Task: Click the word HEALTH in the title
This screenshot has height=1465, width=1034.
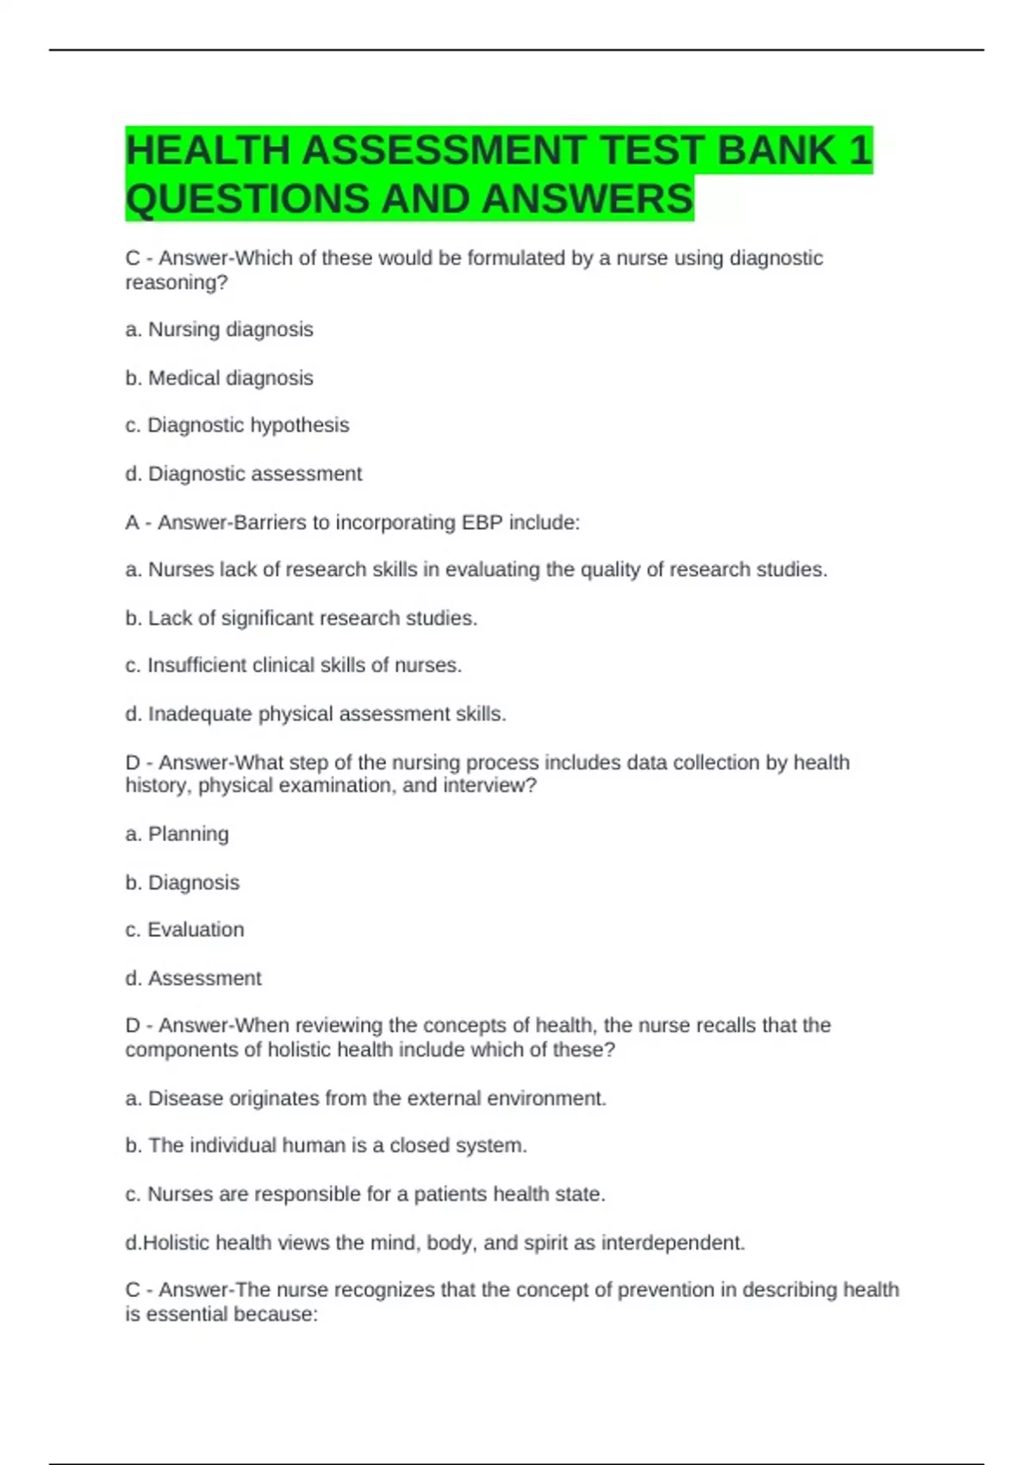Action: click(x=207, y=151)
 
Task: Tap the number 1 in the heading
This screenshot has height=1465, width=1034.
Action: click(x=860, y=151)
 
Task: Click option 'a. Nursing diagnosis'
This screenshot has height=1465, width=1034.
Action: click(x=219, y=329)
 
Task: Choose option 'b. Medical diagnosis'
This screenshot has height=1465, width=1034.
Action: click(x=219, y=377)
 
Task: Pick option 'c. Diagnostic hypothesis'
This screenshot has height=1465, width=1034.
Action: click(x=237, y=425)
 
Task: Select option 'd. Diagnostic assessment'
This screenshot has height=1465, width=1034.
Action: click(x=243, y=473)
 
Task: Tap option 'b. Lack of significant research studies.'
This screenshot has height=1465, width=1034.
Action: click(x=301, y=618)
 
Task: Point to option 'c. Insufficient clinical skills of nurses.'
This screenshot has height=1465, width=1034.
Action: click(x=293, y=665)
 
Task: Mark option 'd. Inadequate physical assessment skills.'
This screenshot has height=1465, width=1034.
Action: click(x=315, y=714)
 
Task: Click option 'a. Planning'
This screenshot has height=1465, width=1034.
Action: click(x=177, y=833)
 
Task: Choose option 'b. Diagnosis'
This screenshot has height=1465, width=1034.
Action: click(x=182, y=882)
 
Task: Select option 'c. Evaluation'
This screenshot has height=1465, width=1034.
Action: click(x=184, y=929)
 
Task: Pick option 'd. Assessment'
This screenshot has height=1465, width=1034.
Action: click(x=193, y=978)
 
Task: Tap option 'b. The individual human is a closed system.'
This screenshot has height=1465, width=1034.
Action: click(x=326, y=1145)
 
